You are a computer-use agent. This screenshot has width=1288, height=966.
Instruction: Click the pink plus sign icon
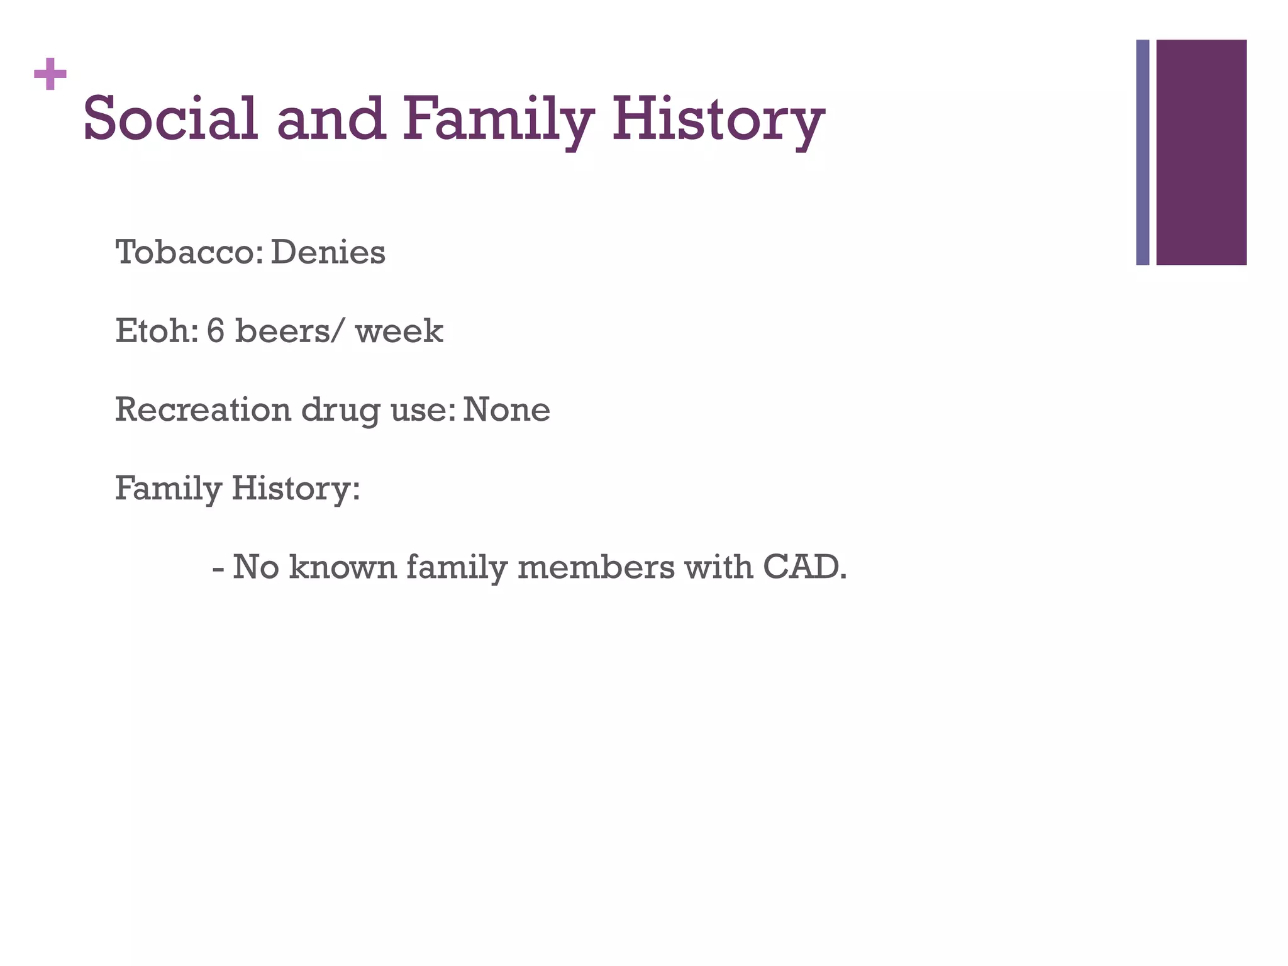pos(50,75)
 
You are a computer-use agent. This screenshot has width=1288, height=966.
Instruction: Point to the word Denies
pos(328,253)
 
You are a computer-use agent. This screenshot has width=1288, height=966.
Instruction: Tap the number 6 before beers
pos(215,331)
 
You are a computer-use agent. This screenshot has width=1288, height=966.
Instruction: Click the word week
pos(399,332)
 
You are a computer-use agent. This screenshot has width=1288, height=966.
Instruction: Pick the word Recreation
pos(203,409)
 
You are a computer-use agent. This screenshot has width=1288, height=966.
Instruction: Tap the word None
pos(506,409)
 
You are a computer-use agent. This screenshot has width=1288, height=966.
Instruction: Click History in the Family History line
pos(296,489)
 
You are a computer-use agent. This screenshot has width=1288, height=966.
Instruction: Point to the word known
pos(343,567)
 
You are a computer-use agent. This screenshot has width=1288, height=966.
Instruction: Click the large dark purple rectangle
pos(1201,152)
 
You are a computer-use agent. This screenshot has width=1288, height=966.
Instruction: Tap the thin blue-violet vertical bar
pos(1143,152)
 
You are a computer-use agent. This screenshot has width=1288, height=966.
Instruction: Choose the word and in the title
pos(331,119)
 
